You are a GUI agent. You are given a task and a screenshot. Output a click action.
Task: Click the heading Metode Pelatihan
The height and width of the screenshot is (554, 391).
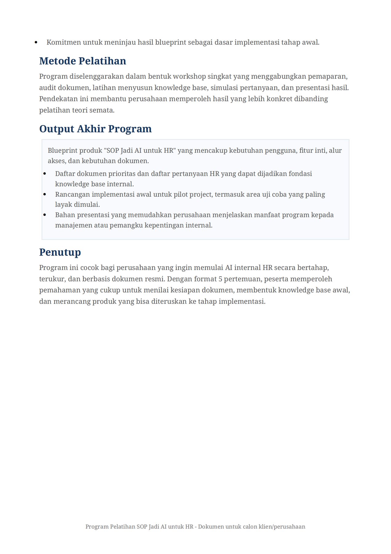pos(82,61)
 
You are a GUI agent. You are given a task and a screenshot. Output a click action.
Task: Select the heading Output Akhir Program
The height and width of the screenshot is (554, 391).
pos(95,129)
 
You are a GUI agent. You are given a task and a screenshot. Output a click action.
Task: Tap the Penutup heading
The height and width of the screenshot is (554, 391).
pos(60,252)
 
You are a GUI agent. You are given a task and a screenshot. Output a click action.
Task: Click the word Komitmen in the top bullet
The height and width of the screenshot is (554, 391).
pos(64,42)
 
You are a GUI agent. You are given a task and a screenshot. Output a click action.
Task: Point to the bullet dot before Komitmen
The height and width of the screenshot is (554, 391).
pos(36,42)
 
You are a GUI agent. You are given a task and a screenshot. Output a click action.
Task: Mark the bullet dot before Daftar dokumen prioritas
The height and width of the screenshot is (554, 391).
pos(45,174)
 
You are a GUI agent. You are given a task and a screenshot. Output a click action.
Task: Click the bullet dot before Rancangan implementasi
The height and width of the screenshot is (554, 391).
pos(45,195)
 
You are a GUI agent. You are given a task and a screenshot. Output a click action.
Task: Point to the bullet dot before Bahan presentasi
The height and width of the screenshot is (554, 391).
pos(45,215)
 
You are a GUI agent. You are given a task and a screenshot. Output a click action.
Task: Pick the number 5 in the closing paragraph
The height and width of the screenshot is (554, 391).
pos(220,279)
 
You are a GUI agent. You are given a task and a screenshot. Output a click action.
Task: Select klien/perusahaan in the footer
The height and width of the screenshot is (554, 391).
pos(282,527)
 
